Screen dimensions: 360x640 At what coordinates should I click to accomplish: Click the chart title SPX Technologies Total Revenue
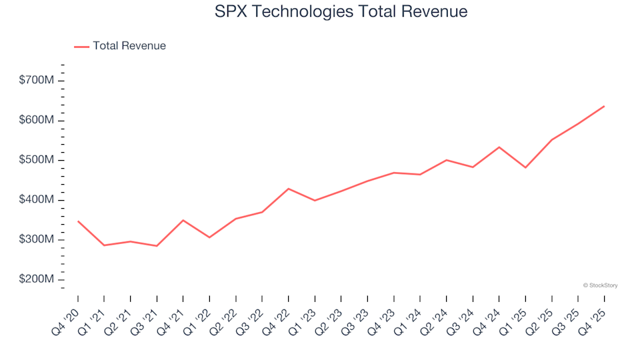tap(341, 11)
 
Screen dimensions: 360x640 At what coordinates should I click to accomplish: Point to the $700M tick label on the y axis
tap(37, 81)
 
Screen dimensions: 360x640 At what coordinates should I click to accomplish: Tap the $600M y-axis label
tap(37, 121)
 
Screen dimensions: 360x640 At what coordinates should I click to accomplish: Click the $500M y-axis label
tap(37, 161)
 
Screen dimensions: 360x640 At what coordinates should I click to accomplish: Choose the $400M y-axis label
tap(37, 200)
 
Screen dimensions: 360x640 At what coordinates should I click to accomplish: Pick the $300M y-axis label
tap(37, 240)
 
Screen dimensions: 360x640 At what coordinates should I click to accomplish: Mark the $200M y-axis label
tap(37, 280)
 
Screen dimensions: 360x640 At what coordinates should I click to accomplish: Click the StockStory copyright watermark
tap(600, 285)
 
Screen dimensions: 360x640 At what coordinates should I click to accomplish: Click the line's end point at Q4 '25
tap(604, 106)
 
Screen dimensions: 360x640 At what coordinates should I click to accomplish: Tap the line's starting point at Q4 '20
tap(78, 221)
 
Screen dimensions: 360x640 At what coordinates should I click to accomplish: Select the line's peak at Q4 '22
tap(289, 189)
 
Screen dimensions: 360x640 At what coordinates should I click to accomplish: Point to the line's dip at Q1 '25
tap(525, 167)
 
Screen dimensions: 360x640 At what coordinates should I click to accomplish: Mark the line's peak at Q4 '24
tap(499, 147)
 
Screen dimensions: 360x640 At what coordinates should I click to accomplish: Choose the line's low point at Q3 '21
tap(157, 246)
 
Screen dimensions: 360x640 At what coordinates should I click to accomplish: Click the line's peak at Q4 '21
tap(183, 220)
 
